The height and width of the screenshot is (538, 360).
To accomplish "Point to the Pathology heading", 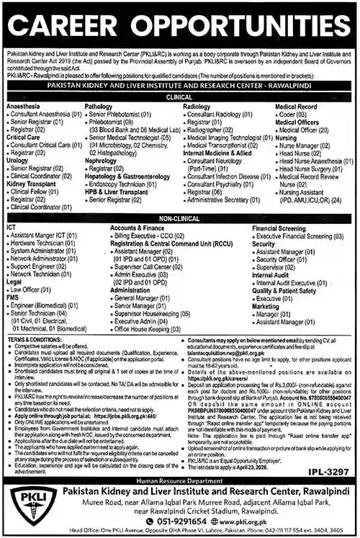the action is click(x=99, y=106).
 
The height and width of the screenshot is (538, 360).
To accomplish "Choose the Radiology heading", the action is click(x=197, y=106).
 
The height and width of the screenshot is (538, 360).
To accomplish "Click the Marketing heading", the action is click(x=266, y=306).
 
